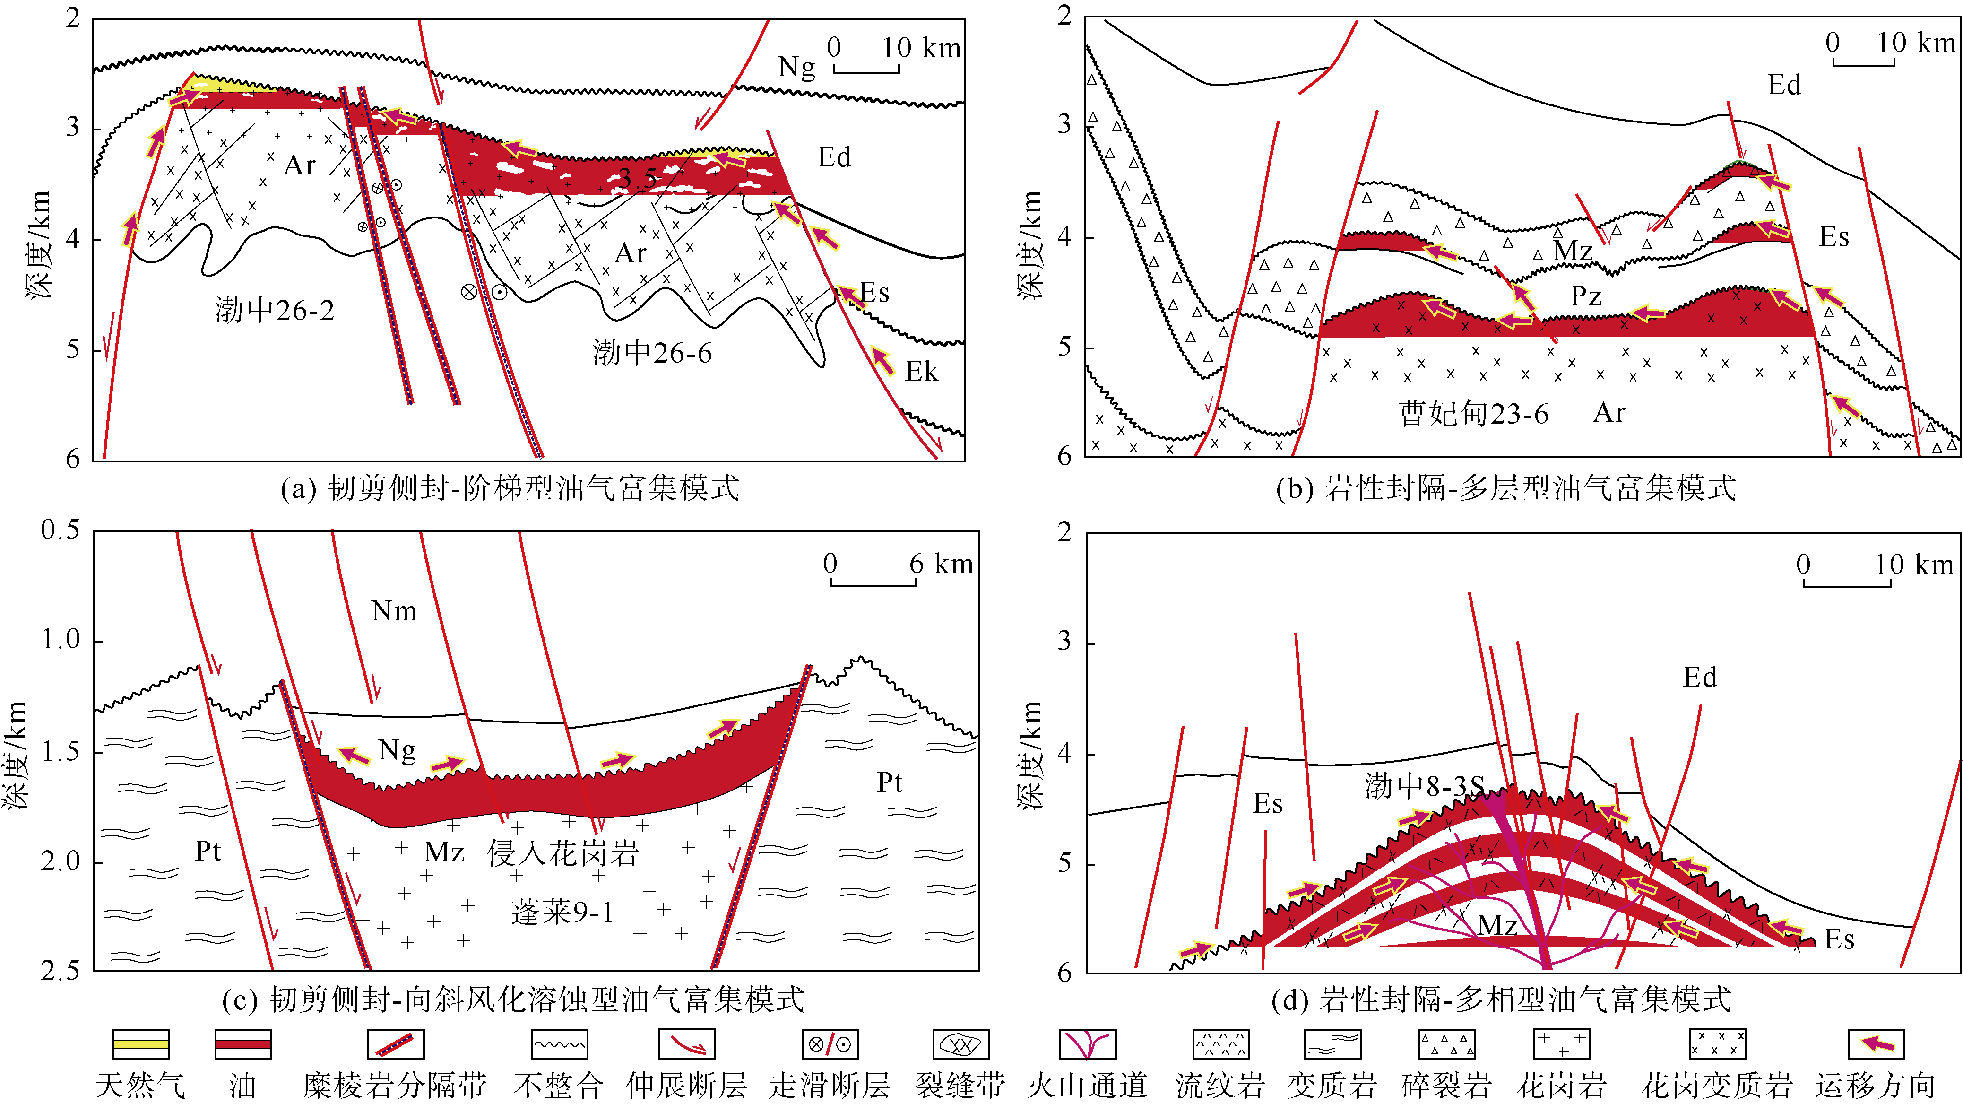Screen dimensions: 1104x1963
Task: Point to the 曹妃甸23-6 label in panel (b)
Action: [x=1474, y=414]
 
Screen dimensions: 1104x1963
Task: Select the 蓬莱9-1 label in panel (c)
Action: [x=562, y=913]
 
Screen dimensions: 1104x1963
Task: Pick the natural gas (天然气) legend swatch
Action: [x=141, y=1044]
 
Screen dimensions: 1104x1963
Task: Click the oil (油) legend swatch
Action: [x=242, y=1044]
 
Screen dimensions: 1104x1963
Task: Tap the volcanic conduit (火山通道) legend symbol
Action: [x=1088, y=1044]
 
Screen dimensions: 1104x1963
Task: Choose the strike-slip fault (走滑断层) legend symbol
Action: [x=830, y=1044]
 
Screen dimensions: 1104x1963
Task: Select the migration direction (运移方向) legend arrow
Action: [x=1876, y=1044]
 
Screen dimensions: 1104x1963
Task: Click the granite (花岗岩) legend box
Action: [x=1561, y=1044]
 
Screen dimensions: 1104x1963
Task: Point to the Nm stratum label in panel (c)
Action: [x=394, y=611]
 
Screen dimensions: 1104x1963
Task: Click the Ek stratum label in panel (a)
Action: [x=921, y=372]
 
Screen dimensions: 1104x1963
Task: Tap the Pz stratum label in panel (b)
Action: [x=1586, y=296]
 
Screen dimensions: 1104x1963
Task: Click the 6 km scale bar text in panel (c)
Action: [x=941, y=564]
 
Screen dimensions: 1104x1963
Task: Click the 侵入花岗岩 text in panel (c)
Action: [x=562, y=853]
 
